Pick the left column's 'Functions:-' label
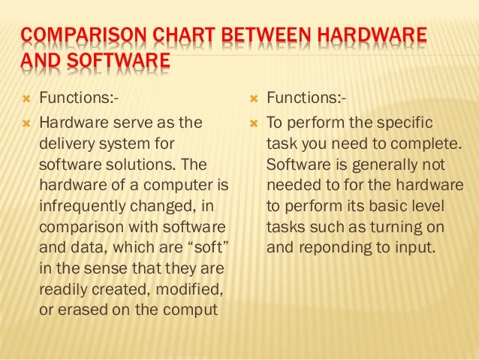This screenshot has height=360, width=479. click(x=78, y=97)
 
